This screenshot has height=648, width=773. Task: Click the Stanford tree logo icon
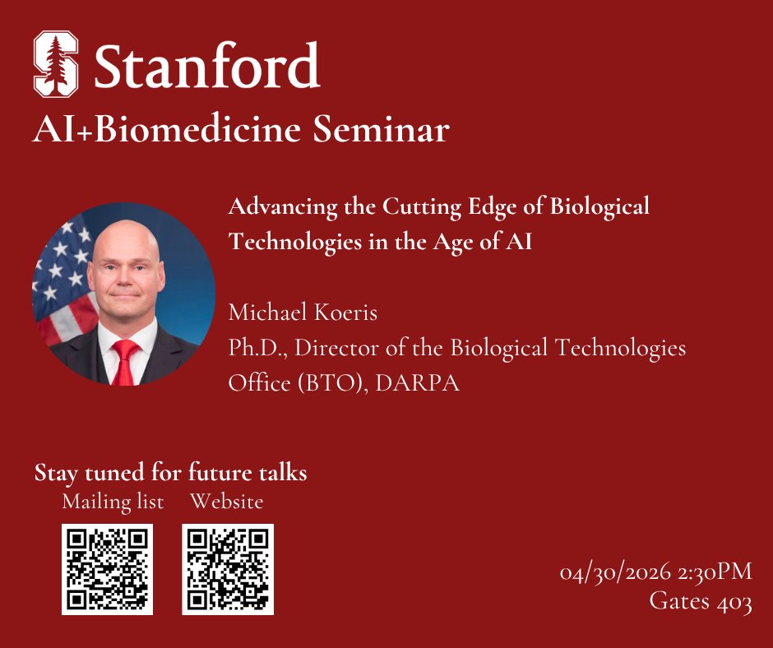click(56, 64)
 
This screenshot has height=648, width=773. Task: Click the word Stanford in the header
click(206, 66)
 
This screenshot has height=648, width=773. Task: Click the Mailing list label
click(113, 501)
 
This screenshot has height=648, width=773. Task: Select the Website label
click(227, 501)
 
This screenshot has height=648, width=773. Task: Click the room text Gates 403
click(700, 603)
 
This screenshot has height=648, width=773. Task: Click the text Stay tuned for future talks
click(171, 474)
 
